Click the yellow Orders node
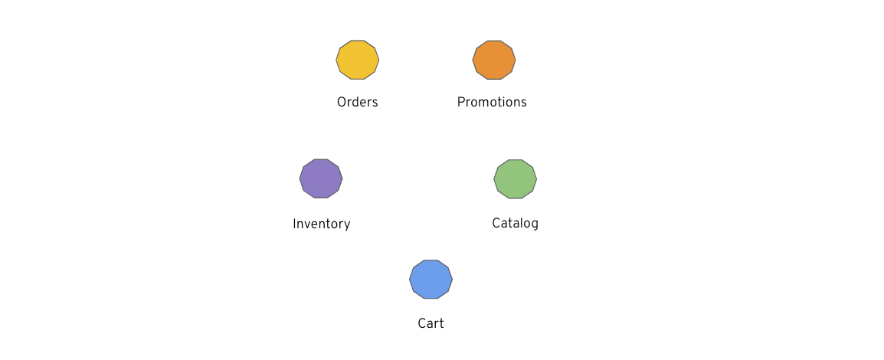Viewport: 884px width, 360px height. (358, 60)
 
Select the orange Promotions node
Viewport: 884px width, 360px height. (494, 60)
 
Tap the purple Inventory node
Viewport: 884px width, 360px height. (321, 178)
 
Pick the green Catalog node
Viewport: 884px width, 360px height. (516, 178)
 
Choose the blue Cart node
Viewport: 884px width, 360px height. (431, 279)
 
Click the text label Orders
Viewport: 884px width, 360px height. (358, 102)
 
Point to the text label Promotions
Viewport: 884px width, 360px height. (492, 102)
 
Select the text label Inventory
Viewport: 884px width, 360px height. (322, 224)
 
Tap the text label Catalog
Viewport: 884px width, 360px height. (516, 223)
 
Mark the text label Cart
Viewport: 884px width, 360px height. (431, 323)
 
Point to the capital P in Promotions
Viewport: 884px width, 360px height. (461, 102)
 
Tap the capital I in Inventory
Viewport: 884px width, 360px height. (295, 224)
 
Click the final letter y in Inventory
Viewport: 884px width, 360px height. (347, 225)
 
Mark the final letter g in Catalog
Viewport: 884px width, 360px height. (535, 225)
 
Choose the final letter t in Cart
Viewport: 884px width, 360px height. (441, 323)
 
